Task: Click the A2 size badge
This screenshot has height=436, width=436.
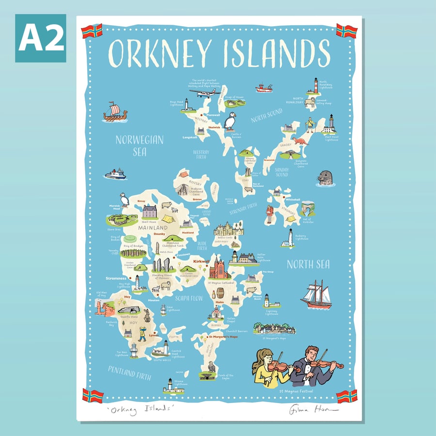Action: pos(40,38)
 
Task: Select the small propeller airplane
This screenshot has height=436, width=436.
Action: pos(205,92)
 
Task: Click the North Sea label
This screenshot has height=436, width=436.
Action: pos(308,265)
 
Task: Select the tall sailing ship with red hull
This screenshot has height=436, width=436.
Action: pos(316,295)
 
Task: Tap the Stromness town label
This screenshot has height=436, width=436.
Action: pos(116,279)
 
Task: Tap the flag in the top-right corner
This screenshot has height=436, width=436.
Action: pos(346,31)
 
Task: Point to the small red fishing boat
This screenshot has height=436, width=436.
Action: pos(264,88)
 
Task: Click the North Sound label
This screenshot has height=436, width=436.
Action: pos(266,116)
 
